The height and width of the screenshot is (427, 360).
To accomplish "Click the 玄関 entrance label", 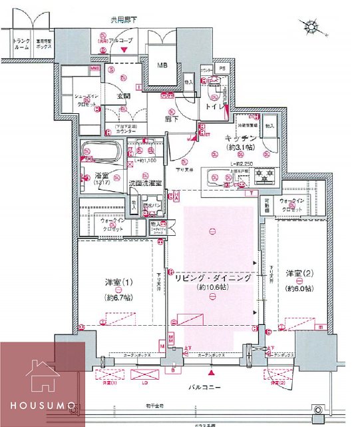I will point(124,96).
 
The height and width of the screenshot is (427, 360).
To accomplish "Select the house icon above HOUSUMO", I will point(43,378).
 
